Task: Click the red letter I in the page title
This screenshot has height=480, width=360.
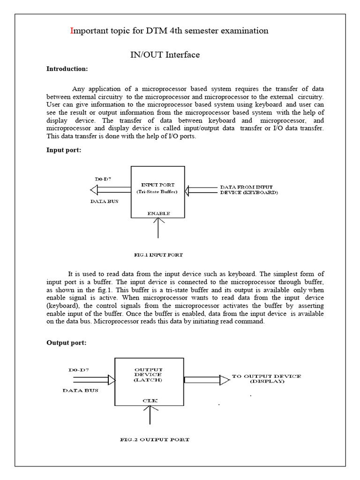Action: click(x=72, y=31)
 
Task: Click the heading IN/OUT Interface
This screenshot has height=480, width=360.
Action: click(x=165, y=55)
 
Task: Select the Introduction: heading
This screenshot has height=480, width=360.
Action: click(x=67, y=69)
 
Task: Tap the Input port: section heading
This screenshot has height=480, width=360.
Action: click(x=63, y=150)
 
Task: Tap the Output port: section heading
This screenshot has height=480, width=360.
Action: click(x=66, y=343)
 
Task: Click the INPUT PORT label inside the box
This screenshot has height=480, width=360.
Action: click(x=158, y=185)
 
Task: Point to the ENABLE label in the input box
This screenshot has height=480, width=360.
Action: click(x=158, y=213)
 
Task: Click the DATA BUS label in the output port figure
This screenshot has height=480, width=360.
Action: click(x=81, y=390)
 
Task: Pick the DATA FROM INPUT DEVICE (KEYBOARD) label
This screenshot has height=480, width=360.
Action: click(x=248, y=190)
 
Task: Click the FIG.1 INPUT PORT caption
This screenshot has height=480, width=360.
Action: click(x=158, y=255)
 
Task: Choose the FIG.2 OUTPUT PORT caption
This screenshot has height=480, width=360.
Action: click(x=154, y=440)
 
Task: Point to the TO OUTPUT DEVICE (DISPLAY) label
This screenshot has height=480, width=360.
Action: click(x=267, y=379)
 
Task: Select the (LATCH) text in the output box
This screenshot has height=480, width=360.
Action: click(x=148, y=380)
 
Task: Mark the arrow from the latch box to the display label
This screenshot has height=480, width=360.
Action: click(x=207, y=379)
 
